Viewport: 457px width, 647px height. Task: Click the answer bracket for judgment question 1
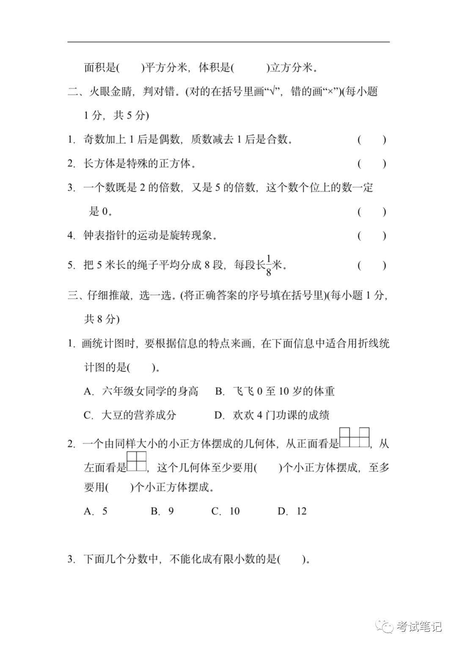pos(372,139)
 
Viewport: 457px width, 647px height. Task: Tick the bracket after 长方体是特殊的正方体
pos(372,164)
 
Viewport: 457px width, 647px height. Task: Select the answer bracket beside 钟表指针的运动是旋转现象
pos(372,236)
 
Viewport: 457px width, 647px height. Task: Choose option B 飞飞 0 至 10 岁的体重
pos(275,391)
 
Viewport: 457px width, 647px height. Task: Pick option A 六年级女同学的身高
pos(141,391)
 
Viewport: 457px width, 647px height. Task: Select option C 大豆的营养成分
pos(130,415)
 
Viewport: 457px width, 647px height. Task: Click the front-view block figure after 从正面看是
pos(355,438)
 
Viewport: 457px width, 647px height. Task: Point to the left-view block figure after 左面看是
pos(137,462)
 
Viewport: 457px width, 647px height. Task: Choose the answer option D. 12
pos(292,511)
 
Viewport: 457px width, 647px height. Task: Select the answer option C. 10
pos(226,511)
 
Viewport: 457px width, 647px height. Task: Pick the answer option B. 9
pos(162,511)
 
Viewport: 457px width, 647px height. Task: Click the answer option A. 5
pos(96,511)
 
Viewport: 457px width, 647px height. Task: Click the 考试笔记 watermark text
pos(419,626)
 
